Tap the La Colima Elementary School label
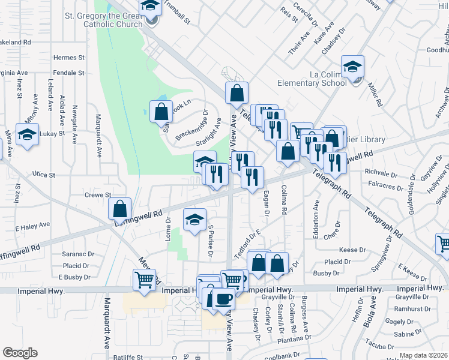point(312,79)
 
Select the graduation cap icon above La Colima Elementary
point(352,66)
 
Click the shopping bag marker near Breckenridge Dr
point(160,111)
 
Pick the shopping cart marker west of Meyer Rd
point(145,280)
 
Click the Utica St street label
point(44,175)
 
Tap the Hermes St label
point(69,58)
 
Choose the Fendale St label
point(68,73)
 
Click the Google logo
point(20,353)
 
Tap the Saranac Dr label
point(79,254)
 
